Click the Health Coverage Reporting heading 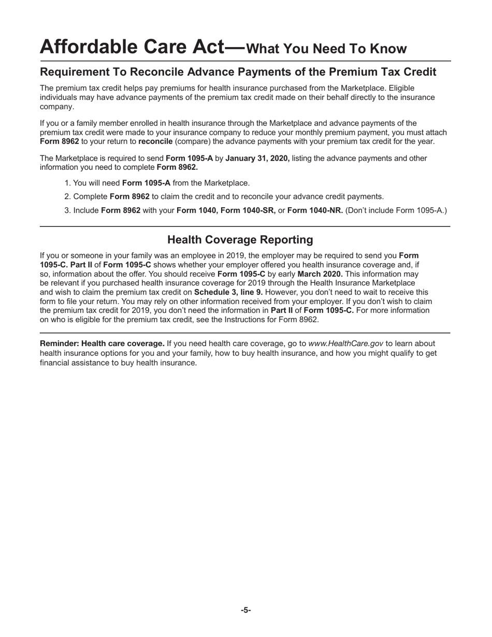click(x=240, y=240)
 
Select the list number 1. click(x=67, y=183)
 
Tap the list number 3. click(x=67, y=210)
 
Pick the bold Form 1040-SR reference click(x=248, y=210)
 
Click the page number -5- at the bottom click(x=245, y=610)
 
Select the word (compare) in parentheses click(x=194, y=141)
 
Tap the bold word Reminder click(x=59, y=343)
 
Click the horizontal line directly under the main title click(x=245, y=61)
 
